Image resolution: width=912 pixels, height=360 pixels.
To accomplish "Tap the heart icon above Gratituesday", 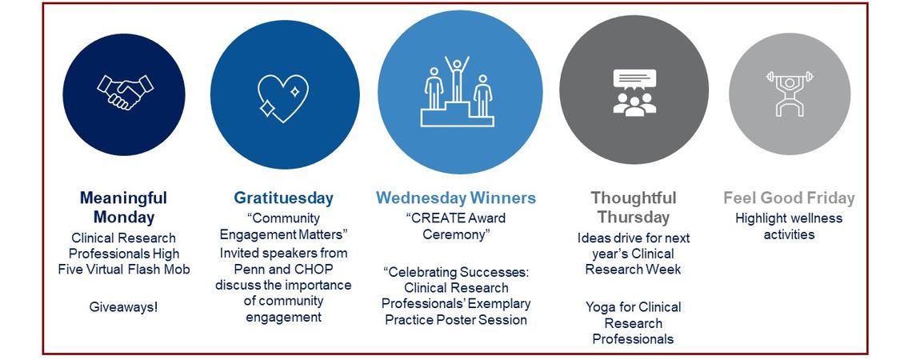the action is coord(282,98).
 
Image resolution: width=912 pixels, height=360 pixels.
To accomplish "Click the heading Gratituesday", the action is coord(284,198).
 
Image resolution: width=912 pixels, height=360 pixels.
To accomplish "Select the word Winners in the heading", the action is coord(502,198).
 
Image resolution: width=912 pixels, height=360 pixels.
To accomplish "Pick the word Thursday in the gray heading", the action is coord(634,218).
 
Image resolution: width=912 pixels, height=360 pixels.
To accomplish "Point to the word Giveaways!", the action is coord(123,306).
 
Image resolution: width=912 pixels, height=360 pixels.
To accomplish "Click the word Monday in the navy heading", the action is coord(124,218).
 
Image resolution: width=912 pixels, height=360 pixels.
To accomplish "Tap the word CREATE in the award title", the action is coord(438,218).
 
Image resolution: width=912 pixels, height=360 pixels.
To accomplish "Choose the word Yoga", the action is coord(600,307).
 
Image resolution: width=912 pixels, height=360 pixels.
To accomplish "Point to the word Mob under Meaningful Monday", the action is coord(178,270).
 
